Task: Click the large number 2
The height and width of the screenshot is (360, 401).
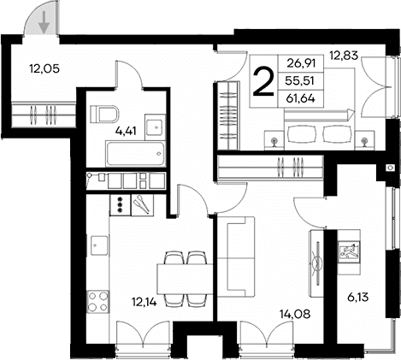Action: (x=263, y=83)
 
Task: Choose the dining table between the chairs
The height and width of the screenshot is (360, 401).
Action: (x=185, y=280)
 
